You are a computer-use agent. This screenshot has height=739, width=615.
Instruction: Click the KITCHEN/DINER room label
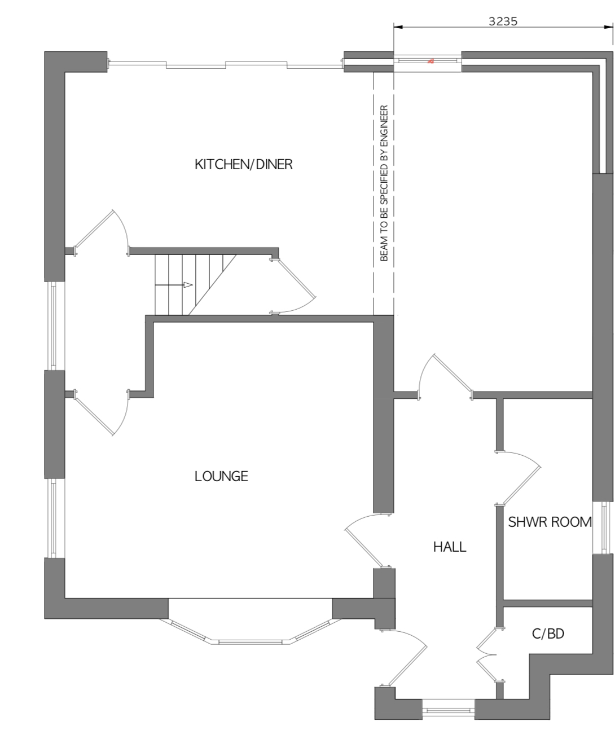tap(244, 165)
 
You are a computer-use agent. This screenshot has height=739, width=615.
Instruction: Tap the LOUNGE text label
tap(221, 476)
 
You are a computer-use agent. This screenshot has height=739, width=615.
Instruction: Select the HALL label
tap(450, 547)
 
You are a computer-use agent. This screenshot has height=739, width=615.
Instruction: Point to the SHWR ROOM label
tap(550, 522)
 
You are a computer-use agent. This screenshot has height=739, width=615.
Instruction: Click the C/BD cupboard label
tap(548, 634)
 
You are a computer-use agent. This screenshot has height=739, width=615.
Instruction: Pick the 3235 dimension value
tap(503, 21)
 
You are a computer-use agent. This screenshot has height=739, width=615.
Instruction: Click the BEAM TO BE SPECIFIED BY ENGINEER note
tap(384, 183)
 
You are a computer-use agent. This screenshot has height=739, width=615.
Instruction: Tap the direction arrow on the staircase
tap(174, 285)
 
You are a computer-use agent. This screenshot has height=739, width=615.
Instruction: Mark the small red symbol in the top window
tap(430, 61)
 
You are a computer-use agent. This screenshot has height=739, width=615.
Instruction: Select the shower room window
tap(603, 527)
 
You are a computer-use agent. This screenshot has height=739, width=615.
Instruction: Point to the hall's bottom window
tap(448, 709)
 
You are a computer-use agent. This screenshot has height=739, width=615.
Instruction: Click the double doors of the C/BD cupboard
tap(490, 655)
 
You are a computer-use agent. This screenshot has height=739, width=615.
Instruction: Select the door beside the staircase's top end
tap(293, 286)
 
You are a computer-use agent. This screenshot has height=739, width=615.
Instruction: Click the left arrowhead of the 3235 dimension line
tap(398, 27)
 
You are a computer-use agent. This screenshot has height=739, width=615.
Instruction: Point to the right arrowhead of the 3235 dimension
tap(609, 27)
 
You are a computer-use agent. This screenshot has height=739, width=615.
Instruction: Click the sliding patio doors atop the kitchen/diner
tap(226, 64)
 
